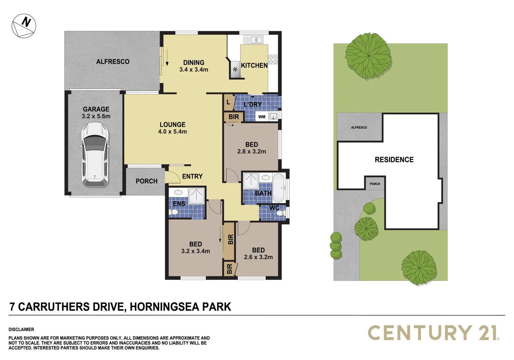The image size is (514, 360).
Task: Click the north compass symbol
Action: pyautogui.click(x=24, y=26)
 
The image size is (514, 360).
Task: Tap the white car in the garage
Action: pyautogui.click(x=95, y=154)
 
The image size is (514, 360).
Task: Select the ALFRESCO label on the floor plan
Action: pyautogui.click(x=113, y=62)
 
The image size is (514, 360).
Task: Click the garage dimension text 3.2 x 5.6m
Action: pyautogui.click(x=96, y=116)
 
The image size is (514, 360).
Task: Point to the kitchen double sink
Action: pyautogui.click(x=253, y=40)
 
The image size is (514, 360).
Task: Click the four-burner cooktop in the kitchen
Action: pyautogui.click(x=273, y=60)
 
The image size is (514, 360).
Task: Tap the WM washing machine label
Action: pyautogui.click(x=262, y=117)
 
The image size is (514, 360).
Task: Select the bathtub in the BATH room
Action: pyautogui.click(x=279, y=188)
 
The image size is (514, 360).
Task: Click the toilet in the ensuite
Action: pyautogui.click(x=174, y=212)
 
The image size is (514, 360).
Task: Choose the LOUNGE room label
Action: pyautogui.click(x=172, y=125)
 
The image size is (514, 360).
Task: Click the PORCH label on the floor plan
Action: pyautogui.click(x=146, y=181)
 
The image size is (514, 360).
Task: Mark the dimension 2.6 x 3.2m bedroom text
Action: pyautogui.click(x=258, y=257)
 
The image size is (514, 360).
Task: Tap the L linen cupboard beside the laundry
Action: pyautogui.click(x=228, y=102)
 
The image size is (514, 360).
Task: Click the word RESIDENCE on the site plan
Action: pyautogui.click(x=394, y=160)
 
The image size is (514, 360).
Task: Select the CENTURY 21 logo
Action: pyautogui.click(x=433, y=333)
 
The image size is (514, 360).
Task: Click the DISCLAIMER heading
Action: pyautogui.click(x=21, y=329)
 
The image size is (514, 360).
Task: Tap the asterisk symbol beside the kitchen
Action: pyautogui.click(x=235, y=70)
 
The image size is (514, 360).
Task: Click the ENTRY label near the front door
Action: pyautogui.click(x=192, y=176)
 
